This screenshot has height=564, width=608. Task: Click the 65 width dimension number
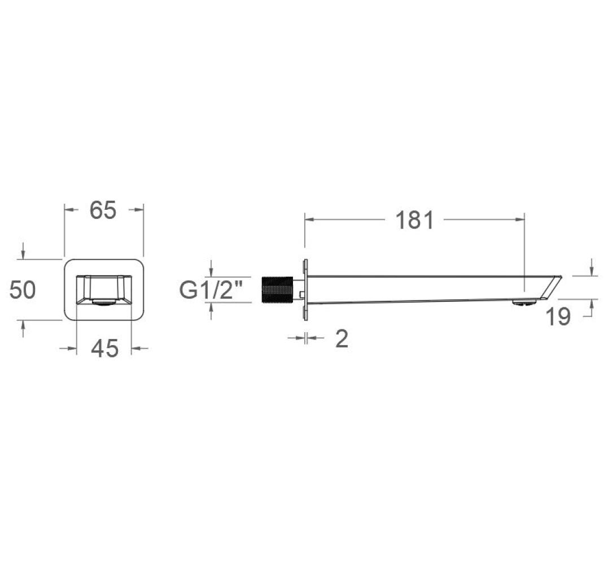[103, 210]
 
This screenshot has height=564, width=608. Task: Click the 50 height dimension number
[23, 290]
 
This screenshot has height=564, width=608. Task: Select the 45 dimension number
[104, 348]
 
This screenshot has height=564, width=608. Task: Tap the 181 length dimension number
[414, 220]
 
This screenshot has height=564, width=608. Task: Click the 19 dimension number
[558, 316]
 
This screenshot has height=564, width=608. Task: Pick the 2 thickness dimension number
[342, 338]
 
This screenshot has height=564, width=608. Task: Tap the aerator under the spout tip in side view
[523, 302]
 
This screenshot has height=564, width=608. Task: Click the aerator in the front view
[104, 302]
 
